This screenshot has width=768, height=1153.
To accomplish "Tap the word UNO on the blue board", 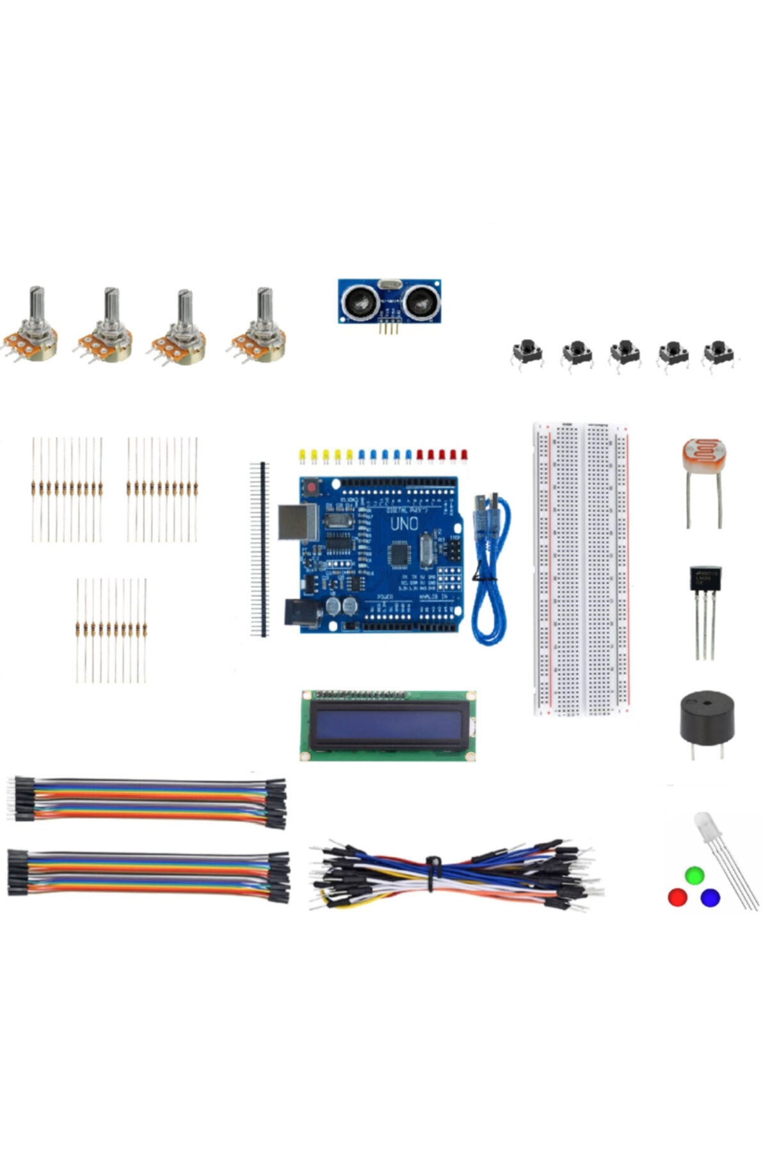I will pyautogui.click(x=404, y=524).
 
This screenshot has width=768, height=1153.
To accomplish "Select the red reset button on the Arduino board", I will pyautogui.click(x=312, y=488).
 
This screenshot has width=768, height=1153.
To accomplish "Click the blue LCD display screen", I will pyautogui.click(x=388, y=725).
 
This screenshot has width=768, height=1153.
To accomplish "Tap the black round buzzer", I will pyautogui.click(x=707, y=716).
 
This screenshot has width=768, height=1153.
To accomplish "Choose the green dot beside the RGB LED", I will pyautogui.click(x=694, y=875).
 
